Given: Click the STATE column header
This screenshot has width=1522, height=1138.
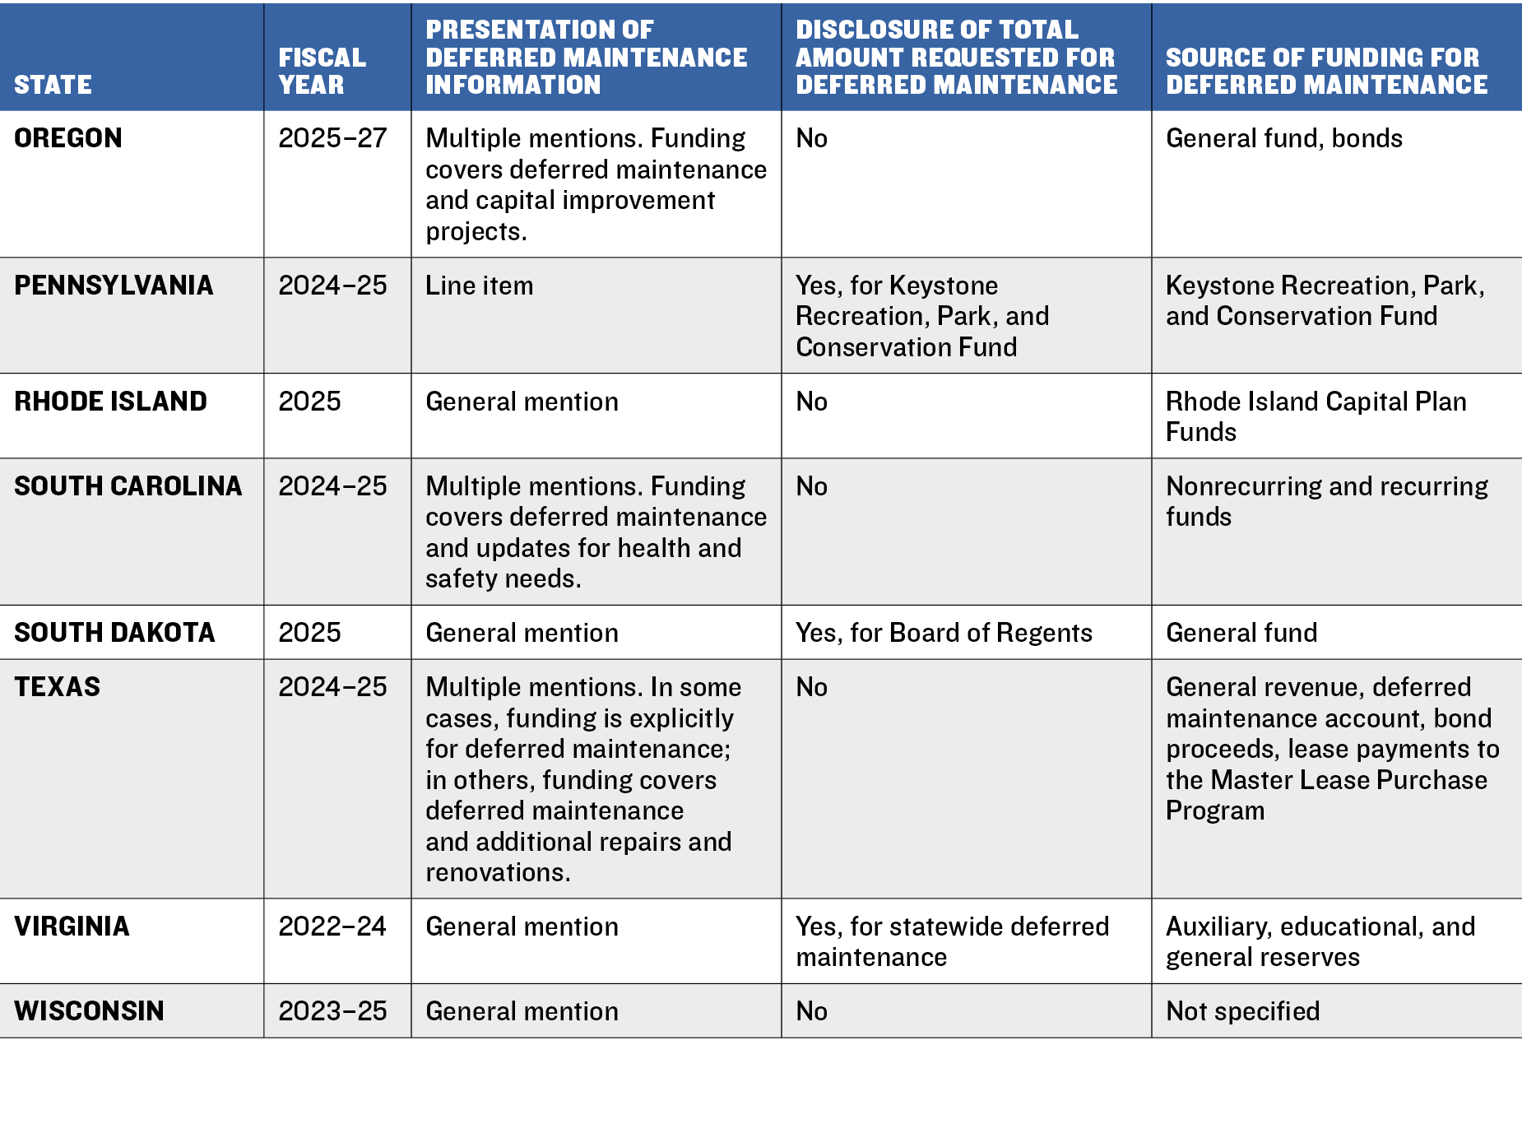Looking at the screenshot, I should [53, 85].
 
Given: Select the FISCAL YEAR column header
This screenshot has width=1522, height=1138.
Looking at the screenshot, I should [322, 71].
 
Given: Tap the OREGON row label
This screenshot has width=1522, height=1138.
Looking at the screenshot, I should [68, 137].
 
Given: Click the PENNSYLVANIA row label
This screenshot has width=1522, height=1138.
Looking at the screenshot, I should [114, 285].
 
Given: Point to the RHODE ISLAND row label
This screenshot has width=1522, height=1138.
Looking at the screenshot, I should [110, 401].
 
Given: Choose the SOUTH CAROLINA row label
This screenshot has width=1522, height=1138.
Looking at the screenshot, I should [128, 485].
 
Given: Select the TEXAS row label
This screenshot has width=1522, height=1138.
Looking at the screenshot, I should [57, 686].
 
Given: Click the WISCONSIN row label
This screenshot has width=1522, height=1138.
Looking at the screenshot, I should [89, 1010].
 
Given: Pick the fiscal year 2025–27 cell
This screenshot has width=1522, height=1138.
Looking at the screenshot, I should [332, 137].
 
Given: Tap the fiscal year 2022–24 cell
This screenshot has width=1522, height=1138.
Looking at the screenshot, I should [332, 926].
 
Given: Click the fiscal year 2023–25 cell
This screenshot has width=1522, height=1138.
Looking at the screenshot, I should [332, 1010].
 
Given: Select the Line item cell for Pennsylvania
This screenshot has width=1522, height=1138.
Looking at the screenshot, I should [479, 285].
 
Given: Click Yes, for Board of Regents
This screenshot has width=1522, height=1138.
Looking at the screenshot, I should [944, 632].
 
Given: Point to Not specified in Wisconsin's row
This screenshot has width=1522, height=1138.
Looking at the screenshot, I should [1242, 1010].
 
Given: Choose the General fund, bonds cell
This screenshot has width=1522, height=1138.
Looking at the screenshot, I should [1283, 137].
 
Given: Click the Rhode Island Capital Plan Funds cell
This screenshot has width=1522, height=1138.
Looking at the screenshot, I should [1316, 416].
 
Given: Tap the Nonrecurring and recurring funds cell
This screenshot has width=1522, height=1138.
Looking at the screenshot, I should [1326, 501].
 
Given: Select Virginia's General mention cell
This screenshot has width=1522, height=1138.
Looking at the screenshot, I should [522, 926].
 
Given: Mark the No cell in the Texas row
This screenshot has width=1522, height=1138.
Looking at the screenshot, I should [811, 686].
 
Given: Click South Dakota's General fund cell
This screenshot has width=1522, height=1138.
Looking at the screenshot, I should [1241, 632].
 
